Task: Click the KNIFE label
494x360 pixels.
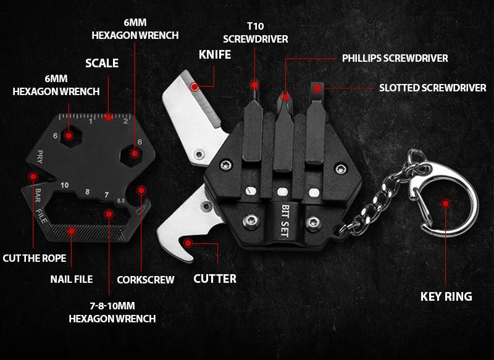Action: pyautogui.click(x=215, y=55)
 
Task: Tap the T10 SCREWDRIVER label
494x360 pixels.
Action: pyautogui.click(x=256, y=33)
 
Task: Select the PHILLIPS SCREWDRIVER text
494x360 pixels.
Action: pyautogui.click(x=395, y=58)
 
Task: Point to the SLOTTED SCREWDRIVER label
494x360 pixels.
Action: pyautogui.click(x=433, y=88)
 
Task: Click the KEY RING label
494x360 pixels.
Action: pyautogui.click(x=446, y=296)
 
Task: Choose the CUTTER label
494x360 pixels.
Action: pyautogui.click(x=215, y=278)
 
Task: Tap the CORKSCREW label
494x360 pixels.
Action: pyautogui.click(x=146, y=280)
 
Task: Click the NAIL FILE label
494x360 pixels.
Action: pyautogui.click(x=72, y=279)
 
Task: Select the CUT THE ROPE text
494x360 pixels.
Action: pyautogui.click(x=35, y=258)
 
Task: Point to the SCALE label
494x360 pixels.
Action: pyautogui.click(x=102, y=64)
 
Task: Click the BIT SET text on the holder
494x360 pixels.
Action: pyautogui.click(x=285, y=221)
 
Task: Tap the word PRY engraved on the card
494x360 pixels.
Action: pyautogui.click(x=40, y=157)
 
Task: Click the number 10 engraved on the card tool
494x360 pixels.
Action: pyautogui.click(x=65, y=185)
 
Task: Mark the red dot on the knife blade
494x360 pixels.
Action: pyautogui.click(x=195, y=86)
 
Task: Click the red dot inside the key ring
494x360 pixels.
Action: pyautogui.click(x=445, y=203)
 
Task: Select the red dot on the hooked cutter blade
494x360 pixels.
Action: pyautogui.click(x=188, y=243)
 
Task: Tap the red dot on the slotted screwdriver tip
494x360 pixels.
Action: pyautogui.click(x=317, y=88)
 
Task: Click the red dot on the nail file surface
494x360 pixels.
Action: pyautogui.click(x=72, y=232)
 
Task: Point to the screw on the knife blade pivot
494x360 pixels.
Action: pyautogui.click(x=199, y=154)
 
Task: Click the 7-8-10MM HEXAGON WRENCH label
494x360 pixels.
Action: pyautogui.click(x=112, y=312)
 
